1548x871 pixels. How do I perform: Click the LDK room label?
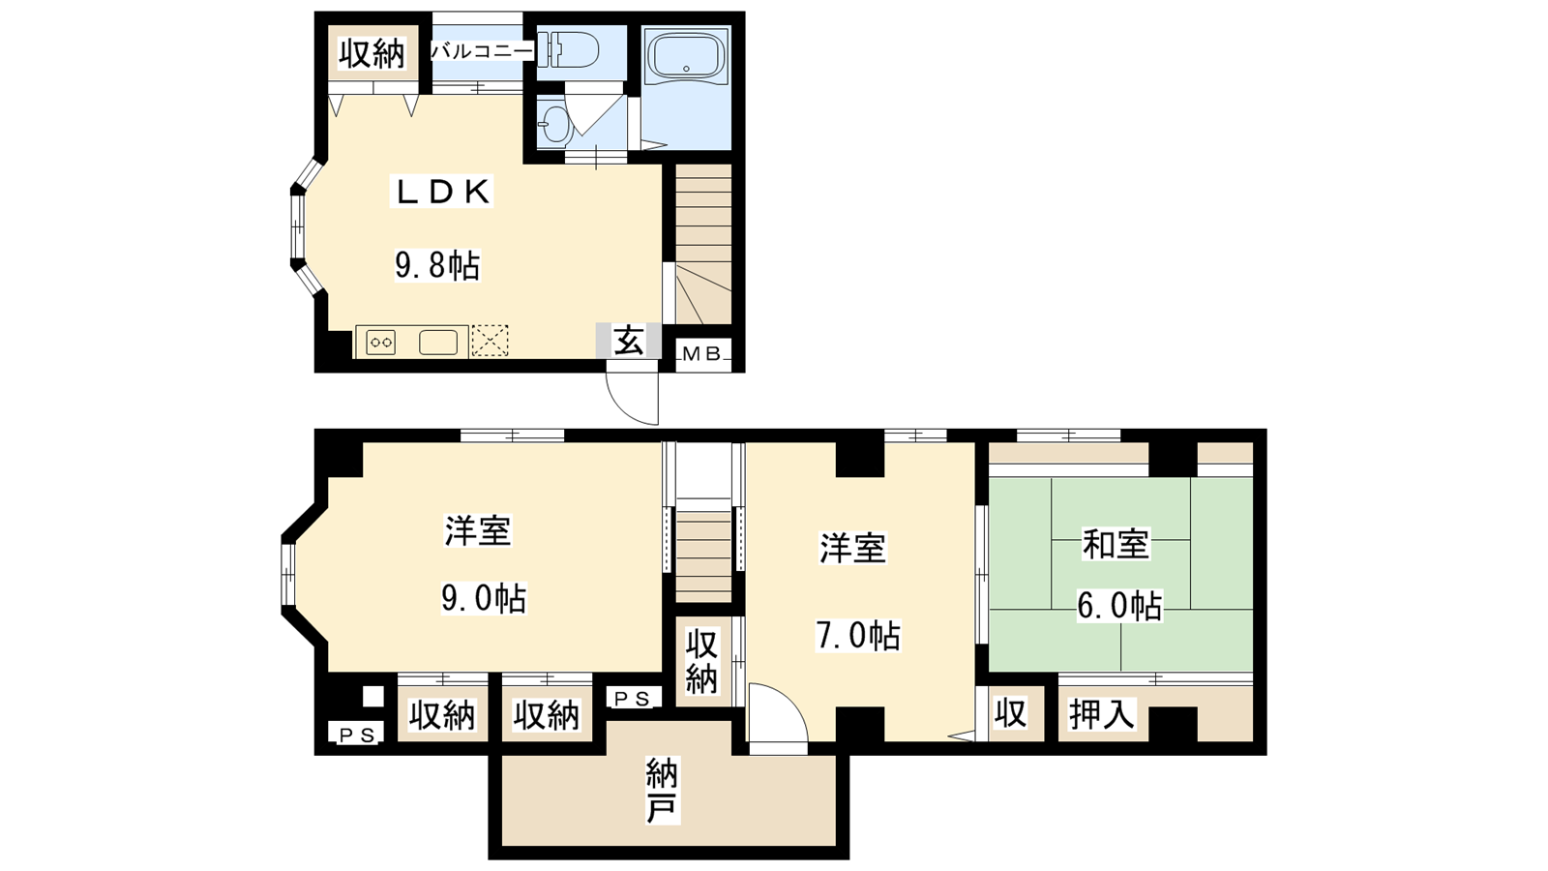click(x=441, y=192)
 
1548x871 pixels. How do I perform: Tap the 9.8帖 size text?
click(x=437, y=265)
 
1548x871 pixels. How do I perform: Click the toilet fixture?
click(x=567, y=52)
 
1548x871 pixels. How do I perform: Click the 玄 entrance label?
click(x=628, y=341)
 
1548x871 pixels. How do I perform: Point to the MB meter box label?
click(x=702, y=354)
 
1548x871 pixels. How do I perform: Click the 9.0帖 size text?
click(x=484, y=599)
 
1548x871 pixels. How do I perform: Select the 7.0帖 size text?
click(x=858, y=636)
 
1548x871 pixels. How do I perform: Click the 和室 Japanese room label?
click(x=1116, y=543)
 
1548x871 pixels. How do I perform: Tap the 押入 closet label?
click(x=1102, y=714)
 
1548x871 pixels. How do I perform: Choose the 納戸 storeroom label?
click(x=662, y=791)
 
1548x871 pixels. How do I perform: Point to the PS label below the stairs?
click(x=633, y=699)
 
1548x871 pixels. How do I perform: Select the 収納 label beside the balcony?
click(x=372, y=54)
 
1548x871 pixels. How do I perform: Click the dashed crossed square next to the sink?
click(x=490, y=341)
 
